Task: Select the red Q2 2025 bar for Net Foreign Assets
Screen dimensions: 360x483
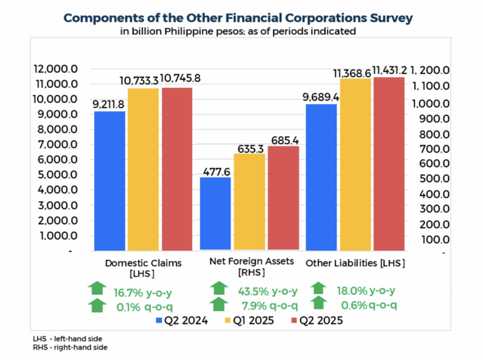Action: click(283, 198)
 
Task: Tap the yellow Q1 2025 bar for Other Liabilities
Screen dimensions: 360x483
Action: click(355, 164)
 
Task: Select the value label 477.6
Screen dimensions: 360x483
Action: click(216, 170)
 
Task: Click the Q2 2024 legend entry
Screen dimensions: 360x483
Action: click(178, 321)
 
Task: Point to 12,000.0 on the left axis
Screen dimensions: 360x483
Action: click(56, 69)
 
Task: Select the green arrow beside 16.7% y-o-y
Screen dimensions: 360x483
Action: click(97, 287)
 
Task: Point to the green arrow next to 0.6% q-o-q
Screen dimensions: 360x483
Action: click(319, 303)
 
